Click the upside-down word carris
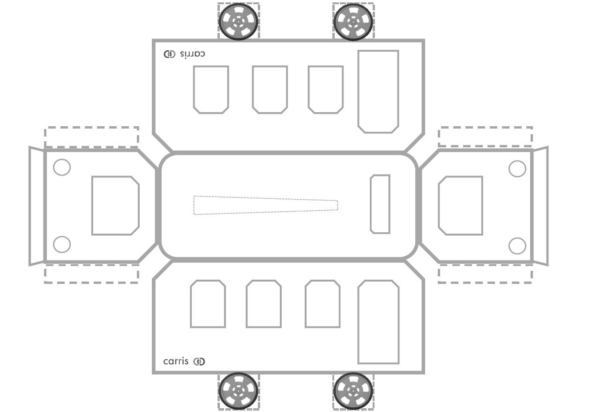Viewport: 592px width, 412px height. [x=192, y=54]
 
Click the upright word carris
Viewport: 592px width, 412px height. [x=176, y=361]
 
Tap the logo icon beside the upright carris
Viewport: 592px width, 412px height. [x=199, y=361]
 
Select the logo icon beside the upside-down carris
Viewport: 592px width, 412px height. [x=169, y=54]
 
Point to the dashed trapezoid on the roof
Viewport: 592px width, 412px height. [x=265, y=205]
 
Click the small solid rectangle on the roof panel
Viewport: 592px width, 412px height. [x=380, y=204]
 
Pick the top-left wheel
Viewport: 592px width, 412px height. [x=239, y=21]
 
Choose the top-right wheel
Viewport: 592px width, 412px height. [x=353, y=21]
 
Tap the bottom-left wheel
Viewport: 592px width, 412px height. [x=239, y=390]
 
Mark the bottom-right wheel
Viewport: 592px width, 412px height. [x=353, y=390]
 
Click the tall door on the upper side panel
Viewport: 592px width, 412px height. [x=378, y=92]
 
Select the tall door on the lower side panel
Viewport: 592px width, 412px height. [x=378, y=322]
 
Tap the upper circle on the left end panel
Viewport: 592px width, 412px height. [x=62, y=168]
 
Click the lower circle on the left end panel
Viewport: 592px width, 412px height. [x=62, y=244]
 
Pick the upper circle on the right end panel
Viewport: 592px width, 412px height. [x=517, y=168]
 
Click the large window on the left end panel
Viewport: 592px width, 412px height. [x=115, y=206]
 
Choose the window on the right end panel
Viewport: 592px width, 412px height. [x=460, y=206]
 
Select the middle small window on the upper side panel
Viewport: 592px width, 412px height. [x=270, y=89]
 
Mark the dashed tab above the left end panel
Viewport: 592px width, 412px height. [x=91, y=137]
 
